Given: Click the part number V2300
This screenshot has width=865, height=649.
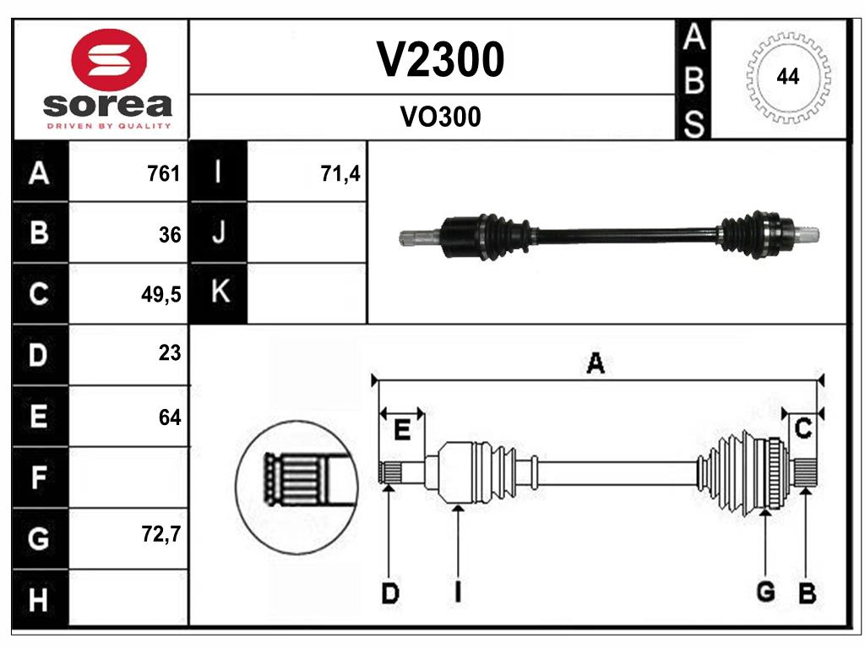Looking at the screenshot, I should pos(439,59).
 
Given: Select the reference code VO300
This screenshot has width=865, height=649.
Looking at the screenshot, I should pos(439,117).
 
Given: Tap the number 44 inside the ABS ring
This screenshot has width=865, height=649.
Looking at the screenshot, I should pos(787,77).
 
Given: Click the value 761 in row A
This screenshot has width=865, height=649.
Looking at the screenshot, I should pos(164,173).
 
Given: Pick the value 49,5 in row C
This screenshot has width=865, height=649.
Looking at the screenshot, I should pos(162,295).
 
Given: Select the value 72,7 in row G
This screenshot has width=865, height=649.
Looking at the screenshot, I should pos(162,535).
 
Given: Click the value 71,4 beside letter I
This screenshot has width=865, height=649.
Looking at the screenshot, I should pos(340,173).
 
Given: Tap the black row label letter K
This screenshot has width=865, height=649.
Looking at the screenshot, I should pos(219,293).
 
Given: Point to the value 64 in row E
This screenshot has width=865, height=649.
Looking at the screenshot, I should pos(170,417).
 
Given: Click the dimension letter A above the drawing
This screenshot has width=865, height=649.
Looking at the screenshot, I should pos(596,364).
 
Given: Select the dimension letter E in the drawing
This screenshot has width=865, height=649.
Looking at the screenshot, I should pos(402,431).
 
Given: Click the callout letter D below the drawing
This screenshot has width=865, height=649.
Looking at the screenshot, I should pos(389,594).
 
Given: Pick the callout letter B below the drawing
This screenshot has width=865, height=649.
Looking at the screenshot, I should pos(807,594).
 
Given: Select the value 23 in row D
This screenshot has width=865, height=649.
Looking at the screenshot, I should pos(170,353).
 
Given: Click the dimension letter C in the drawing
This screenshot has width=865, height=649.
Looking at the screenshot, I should pos(803,429).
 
